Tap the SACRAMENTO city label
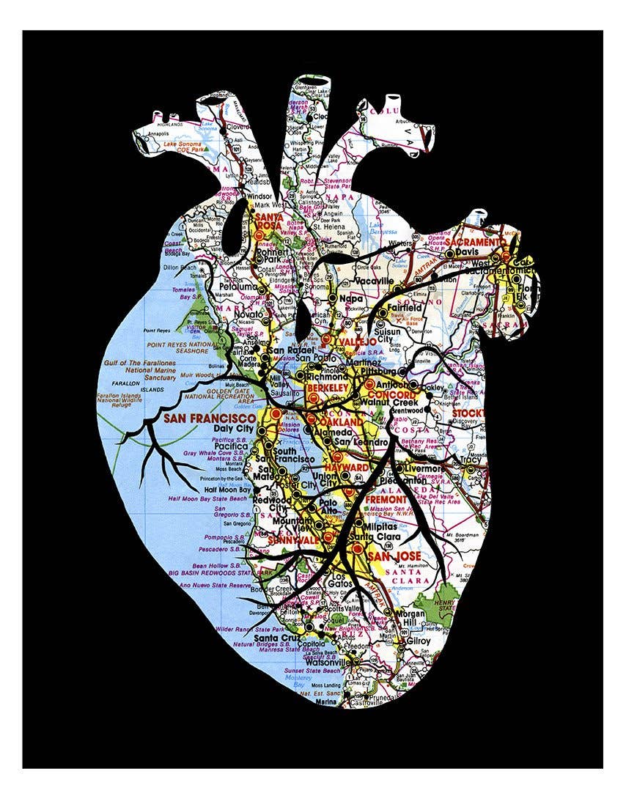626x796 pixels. coord(476,242)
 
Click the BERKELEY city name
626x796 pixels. coord(327,386)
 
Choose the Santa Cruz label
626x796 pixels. coord(276,638)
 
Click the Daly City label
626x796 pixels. coord(233,428)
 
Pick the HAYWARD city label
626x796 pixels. coord(350,467)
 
